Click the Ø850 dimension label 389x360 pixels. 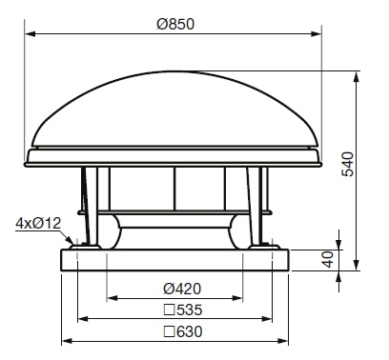tap(175, 24)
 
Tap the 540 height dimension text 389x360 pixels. tap(347, 164)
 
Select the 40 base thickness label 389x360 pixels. tap(329, 259)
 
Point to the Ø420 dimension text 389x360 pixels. tap(182, 289)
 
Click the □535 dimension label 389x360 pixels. tap(183, 310)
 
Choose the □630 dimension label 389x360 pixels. tap(183, 331)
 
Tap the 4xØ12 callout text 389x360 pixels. tap(38, 224)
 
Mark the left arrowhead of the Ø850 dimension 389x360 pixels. tap(31, 33)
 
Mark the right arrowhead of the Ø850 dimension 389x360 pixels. tap(317, 33)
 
